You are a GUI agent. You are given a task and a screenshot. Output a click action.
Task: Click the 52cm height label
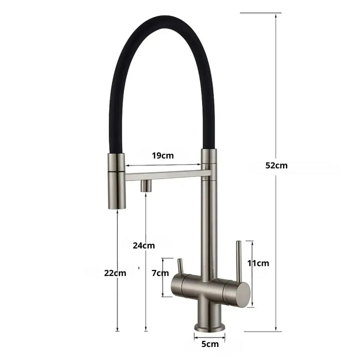click(276, 165)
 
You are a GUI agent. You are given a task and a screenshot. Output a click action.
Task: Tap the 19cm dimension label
click(163, 155)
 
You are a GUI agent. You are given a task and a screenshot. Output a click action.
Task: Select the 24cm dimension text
click(143, 245)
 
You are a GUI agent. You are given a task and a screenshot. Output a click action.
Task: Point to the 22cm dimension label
click(115, 273)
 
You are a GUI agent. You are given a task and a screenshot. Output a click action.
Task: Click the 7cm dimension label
click(160, 273)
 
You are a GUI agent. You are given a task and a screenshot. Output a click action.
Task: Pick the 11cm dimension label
click(258, 263)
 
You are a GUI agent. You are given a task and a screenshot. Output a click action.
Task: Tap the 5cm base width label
click(210, 343)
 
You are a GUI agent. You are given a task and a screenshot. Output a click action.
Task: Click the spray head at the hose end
click(116, 181)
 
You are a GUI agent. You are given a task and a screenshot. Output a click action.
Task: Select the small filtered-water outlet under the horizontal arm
click(145, 185)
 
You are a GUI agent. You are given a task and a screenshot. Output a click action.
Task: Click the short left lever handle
click(180, 266)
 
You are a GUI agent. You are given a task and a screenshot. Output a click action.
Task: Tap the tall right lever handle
click(238, 260)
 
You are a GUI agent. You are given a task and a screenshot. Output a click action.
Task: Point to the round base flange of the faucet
click(209, 326)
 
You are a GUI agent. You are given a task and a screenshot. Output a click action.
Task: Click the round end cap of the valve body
click(242, 293)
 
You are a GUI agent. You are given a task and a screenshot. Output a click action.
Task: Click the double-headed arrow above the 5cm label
click(209, 335)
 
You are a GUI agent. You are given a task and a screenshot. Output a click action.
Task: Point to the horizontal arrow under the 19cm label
click(163, 165)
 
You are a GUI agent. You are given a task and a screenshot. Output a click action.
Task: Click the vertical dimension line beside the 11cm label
click(252, 273)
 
